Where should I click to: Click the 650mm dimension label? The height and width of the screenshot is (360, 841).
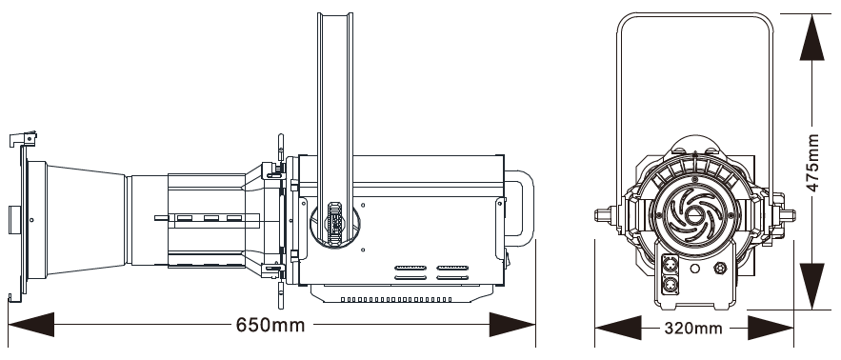[x=270, y=325]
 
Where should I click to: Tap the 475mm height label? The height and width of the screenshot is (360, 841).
[x=813, y=163]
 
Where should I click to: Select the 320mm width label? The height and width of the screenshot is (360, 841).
[x=693, y=328]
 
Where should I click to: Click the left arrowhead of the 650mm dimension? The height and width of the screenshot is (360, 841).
[x=31, y=325]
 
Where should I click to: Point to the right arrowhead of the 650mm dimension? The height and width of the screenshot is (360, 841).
[x=512, y=325]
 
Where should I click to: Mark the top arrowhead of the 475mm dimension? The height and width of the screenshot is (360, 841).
[x=811, y=37]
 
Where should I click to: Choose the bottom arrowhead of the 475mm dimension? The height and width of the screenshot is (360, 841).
[x=811, y=286]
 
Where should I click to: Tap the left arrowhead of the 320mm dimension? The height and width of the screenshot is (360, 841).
[x=618, y=328]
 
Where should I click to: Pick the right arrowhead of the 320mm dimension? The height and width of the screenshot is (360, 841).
[x=771, y=328]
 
